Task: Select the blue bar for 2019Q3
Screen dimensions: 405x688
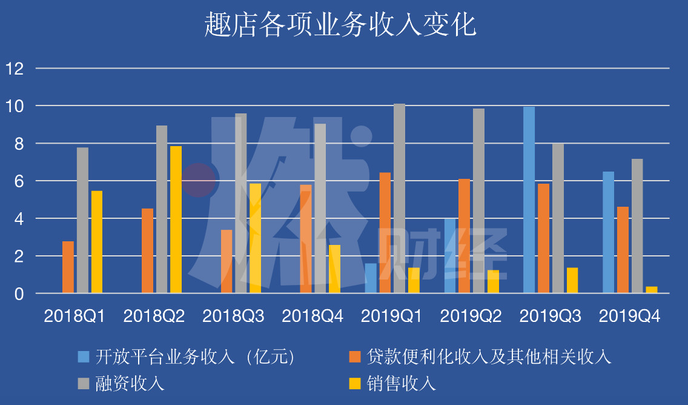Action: click(529, 200)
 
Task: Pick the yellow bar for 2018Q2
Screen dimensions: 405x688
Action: click(176, 219)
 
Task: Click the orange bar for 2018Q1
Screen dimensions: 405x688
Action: click(68, 267)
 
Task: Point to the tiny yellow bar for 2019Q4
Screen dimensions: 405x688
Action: click(652, 290)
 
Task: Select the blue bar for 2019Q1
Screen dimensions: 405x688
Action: click(371, 278)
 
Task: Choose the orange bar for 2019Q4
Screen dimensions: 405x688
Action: click(623, 250)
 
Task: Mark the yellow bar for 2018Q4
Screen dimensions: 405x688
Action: click(334, 269)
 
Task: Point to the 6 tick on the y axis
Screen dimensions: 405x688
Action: click(19, 181)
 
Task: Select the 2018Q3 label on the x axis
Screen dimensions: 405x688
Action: click(233, 316)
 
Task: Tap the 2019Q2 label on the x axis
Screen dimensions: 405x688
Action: click(471, 316)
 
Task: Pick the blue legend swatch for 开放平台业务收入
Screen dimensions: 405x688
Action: click(84, 356)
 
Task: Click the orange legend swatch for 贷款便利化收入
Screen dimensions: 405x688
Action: click(355, 356)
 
